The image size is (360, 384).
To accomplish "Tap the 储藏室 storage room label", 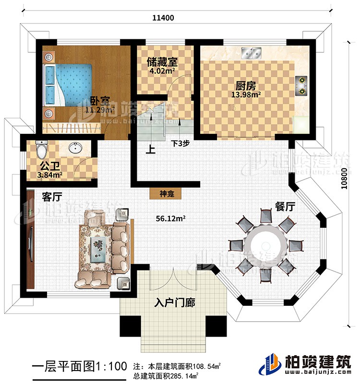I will pyautogui.click(x=163, y=62).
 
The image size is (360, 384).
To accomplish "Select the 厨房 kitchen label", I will pyautogui.click(x=245, y=86).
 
